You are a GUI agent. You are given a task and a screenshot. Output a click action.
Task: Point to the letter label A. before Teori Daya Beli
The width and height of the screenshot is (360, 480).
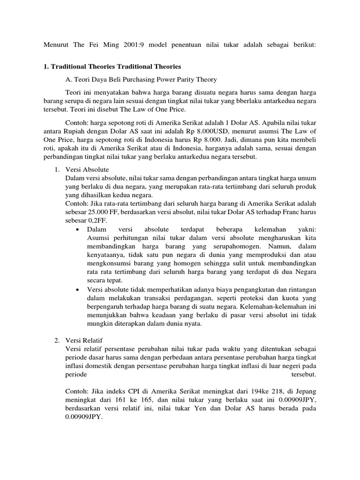point(70,79)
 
